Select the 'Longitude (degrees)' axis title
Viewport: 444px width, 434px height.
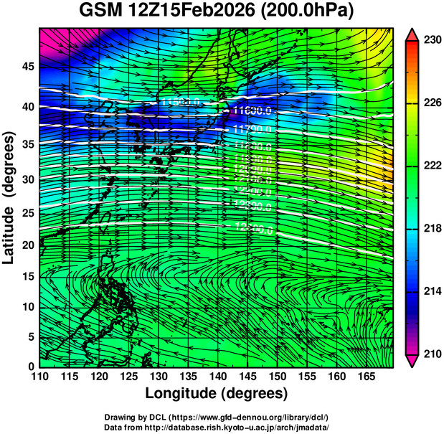pos(217,393)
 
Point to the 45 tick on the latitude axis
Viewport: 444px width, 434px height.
pos(27,67)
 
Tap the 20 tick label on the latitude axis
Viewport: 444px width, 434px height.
pos(27,245)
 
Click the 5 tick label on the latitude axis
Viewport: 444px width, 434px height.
pos(30,336)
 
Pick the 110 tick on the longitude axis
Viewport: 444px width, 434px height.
pos(39,375)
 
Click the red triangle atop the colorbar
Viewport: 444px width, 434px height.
pos(412,34)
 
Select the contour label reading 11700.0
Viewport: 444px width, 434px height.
pos(252,129)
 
